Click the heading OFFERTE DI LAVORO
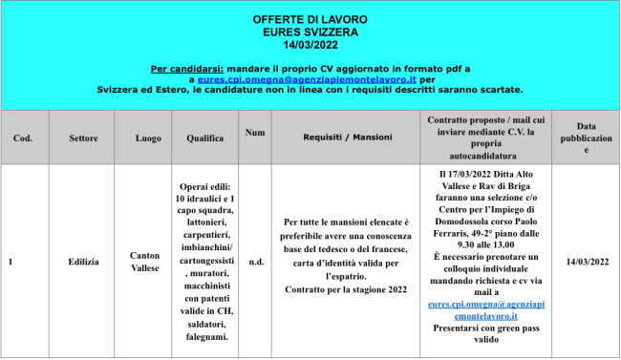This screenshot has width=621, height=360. click(x=309, y=19)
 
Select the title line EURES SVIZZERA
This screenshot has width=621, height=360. click(x=309, y=32)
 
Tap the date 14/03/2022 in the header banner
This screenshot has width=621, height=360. click(x=309, y=44)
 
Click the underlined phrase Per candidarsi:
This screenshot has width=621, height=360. click(x=187, y=70)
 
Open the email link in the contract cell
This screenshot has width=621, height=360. click(x=486, y=309)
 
